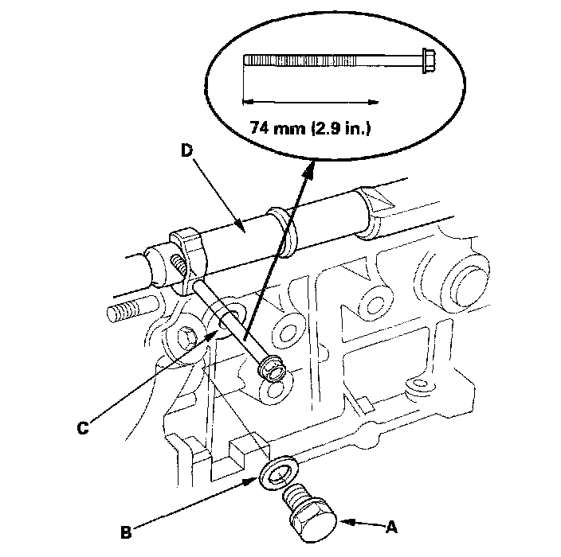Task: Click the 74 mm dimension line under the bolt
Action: [x=311, y=101]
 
